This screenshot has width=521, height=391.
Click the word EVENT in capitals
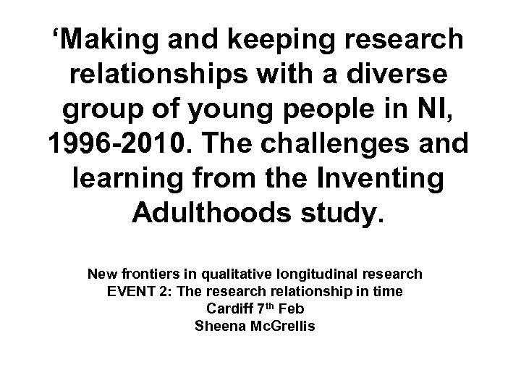128,291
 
